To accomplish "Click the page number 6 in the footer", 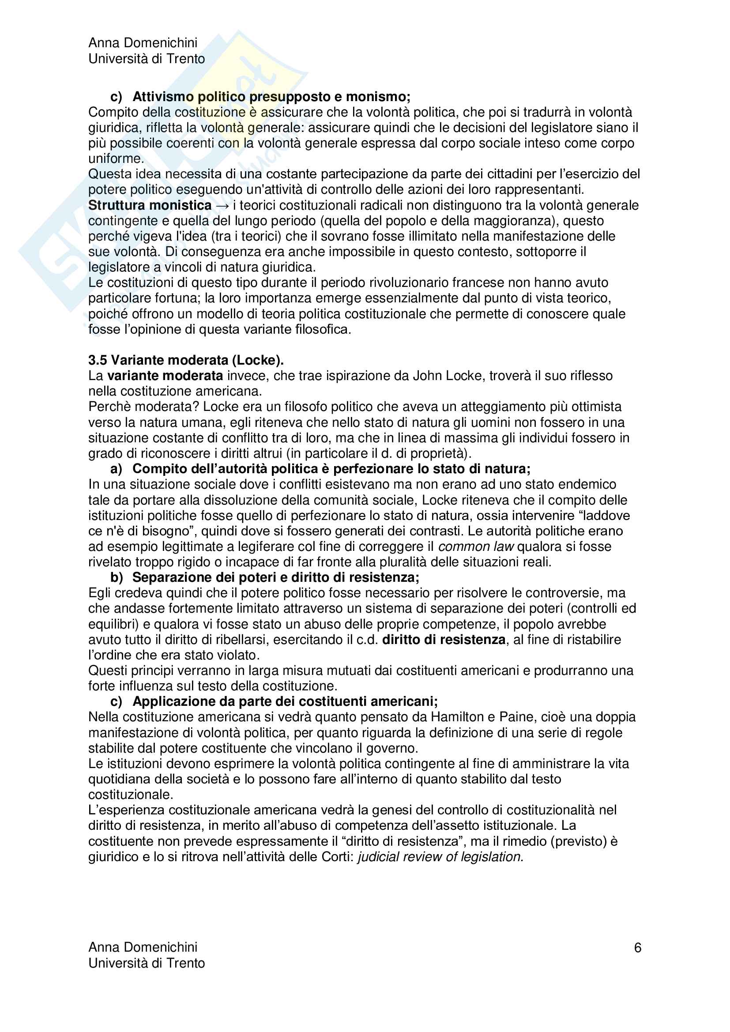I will tap(637, 948).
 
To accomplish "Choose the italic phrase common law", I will tap(476, 546).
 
